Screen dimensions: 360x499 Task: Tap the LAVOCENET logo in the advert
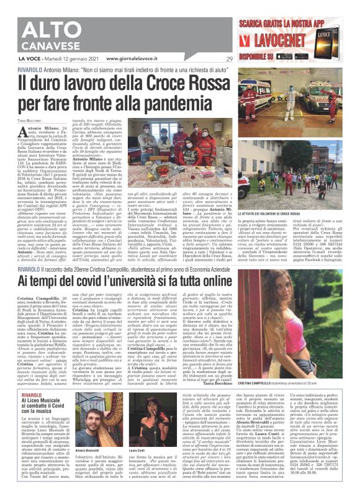click(272, 38)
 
